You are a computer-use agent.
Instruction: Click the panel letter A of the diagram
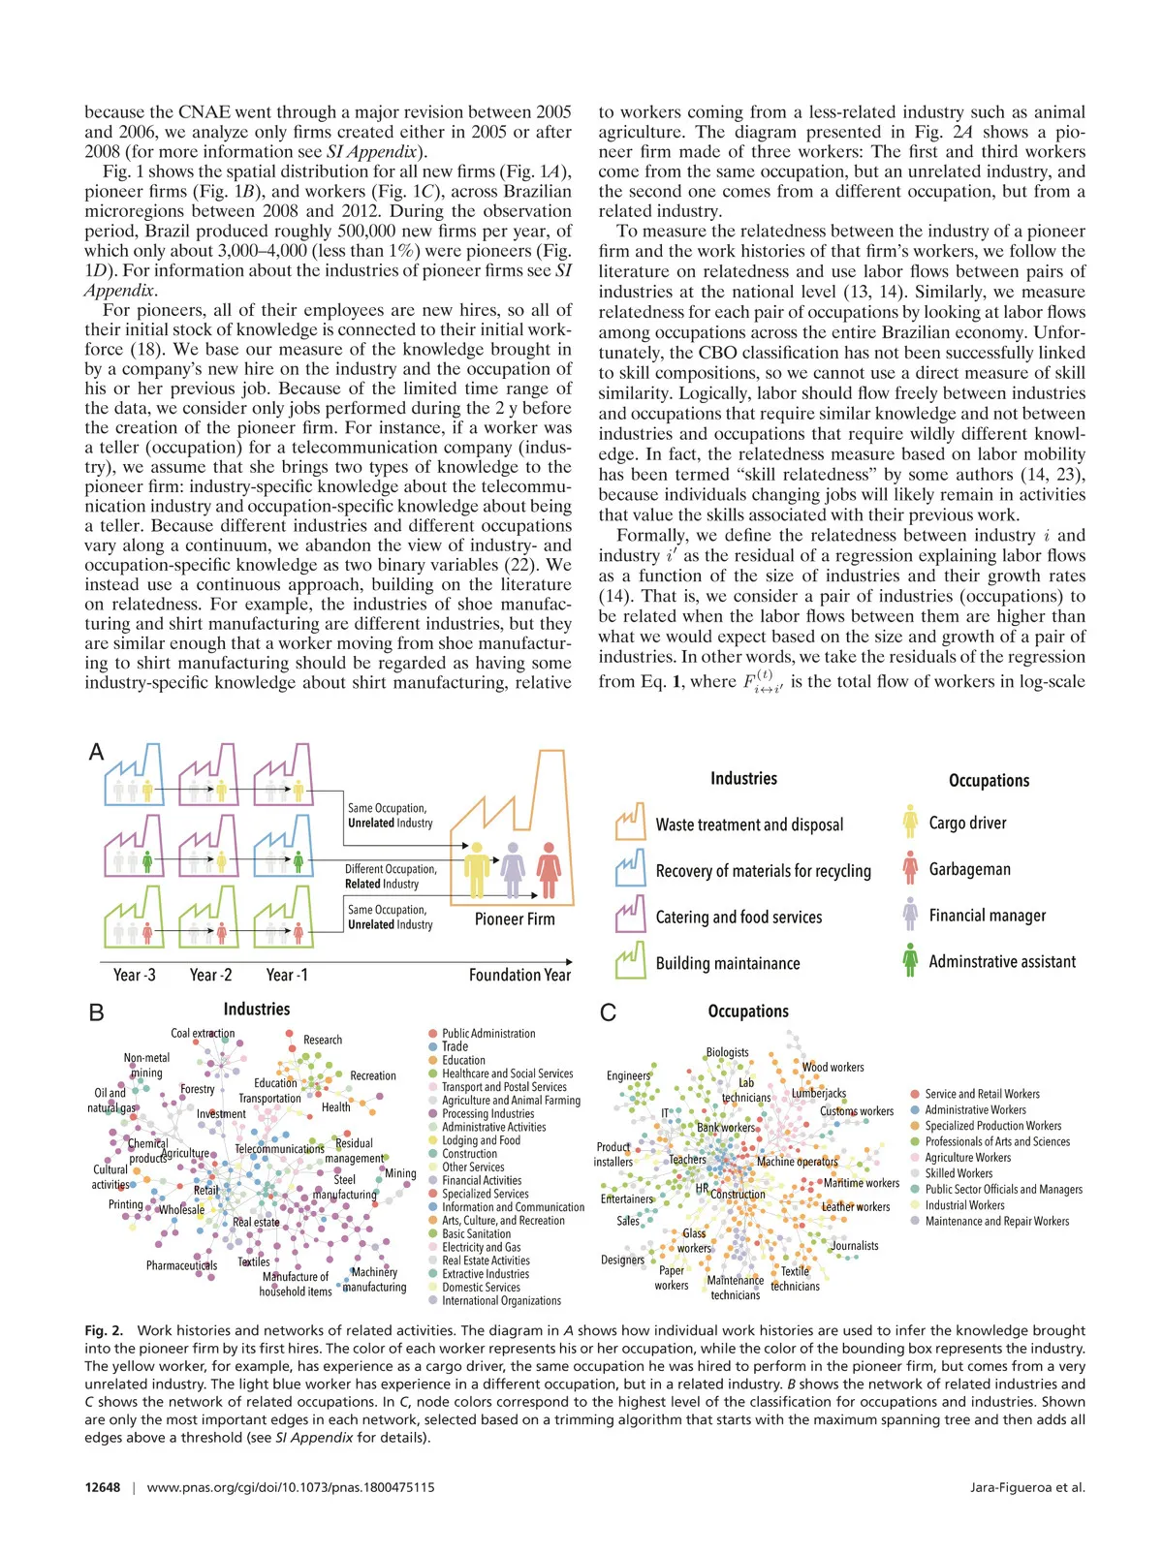point(96,752)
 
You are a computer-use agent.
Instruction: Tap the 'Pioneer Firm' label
point(515,918)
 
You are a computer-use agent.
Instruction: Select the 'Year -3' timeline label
point(134,975)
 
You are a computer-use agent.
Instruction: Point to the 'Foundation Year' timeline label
point(519,975)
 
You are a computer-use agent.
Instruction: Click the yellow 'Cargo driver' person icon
point(910,822)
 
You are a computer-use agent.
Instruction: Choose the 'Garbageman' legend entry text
point(969,869)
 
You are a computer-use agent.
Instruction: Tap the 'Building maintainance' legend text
point(728,963)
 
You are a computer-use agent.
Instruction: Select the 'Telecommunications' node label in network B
point(280,1148)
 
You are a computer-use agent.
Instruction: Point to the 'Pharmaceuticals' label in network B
point(181,1265)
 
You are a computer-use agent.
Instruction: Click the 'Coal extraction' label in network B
point(203,1034)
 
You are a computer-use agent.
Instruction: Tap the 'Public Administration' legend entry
point(488,1034)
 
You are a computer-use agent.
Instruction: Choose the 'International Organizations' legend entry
point(501,1300)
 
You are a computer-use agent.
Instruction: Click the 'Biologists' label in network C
point(727,1052)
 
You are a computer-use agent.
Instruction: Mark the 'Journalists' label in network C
point(855,1246)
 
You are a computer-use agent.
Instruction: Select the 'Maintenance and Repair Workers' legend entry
point(996,1221)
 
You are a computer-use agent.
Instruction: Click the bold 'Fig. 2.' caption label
point(104,1330)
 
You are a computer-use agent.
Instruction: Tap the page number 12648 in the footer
point(102,1487)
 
